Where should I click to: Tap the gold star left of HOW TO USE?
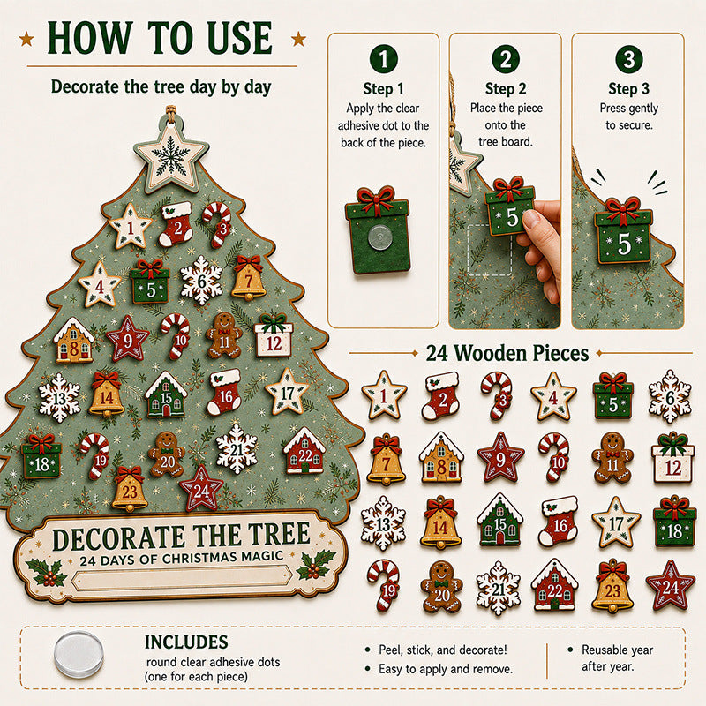tap(27, 39)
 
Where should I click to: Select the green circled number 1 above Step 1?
tap(383, 59)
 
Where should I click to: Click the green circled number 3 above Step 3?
tap(628, 59)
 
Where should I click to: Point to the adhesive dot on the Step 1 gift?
tap(379, 237)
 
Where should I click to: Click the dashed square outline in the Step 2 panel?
tap(490, 251)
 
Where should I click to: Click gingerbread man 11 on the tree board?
tap(224, 335)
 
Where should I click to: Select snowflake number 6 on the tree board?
tap(201, 281)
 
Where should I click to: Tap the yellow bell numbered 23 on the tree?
tap(129, 489)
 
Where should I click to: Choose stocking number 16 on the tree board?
tap(224, 392)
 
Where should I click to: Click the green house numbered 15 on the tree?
tap(166, 394)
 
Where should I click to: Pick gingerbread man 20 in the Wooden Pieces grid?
tap(441, 587)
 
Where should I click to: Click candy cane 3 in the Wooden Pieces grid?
tap(497, 394)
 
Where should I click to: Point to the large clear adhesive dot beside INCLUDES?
tap(79, 654)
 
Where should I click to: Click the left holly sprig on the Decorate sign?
tap(47, 572)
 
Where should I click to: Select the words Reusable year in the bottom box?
tap(617, 650)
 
